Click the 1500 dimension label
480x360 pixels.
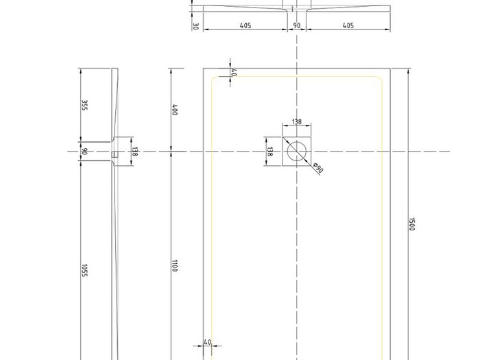coord(411,224)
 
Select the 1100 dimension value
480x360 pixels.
coord(174,266)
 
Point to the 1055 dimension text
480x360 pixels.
coord(84,271)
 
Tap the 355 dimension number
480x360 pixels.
coord(85,106)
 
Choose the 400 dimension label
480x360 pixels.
coord(174,110)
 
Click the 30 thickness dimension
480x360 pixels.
coord(195,26)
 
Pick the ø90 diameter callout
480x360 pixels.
coord(318,168)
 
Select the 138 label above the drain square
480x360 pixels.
coord(297,122)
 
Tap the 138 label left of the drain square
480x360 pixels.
coord(269,152)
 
